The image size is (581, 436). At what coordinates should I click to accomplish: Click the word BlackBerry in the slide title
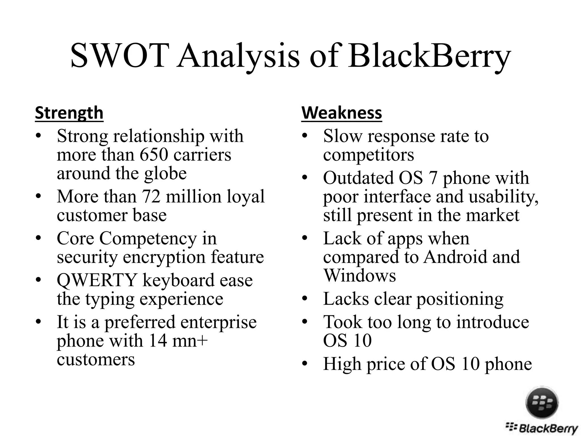pos(429,56)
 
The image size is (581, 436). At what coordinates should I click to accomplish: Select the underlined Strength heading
pos(69,113)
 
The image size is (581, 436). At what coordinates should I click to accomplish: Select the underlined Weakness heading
pos(342,113)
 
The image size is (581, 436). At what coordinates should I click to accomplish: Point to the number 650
pos(153,155)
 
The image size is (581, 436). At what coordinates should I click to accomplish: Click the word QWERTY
pos(97,280)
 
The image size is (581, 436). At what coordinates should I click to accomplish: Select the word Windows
pos(359,276)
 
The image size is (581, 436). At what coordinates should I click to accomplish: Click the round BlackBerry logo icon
pos(542,403)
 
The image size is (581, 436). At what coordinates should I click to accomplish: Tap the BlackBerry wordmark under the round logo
pos(542,428)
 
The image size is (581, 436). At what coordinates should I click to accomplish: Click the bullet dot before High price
pos(305,364)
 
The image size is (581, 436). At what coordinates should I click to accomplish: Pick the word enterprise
pos(218,322)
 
